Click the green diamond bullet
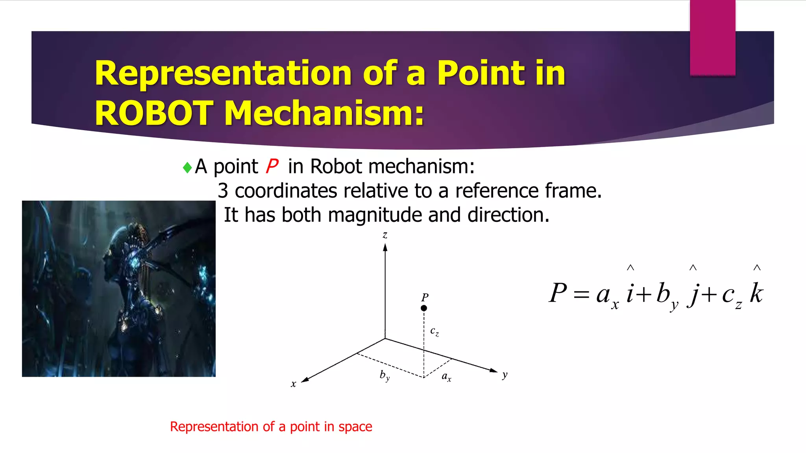[187, 168]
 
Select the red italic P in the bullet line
[272, 166]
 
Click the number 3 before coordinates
[223, 191]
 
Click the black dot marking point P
[424, 308]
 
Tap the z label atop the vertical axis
[385, 235]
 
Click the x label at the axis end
[293, 384]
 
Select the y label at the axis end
[505, 375]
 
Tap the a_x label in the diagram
[446, 377]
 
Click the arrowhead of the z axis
[385, 248]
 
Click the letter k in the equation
[756, 293]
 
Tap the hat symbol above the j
[693, 268]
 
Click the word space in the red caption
[355, 427]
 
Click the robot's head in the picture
[118, 252]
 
